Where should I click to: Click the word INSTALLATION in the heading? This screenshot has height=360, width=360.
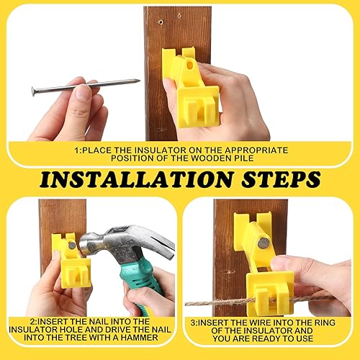(127, 178)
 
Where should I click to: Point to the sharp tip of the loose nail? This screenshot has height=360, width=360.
(138, 81)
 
